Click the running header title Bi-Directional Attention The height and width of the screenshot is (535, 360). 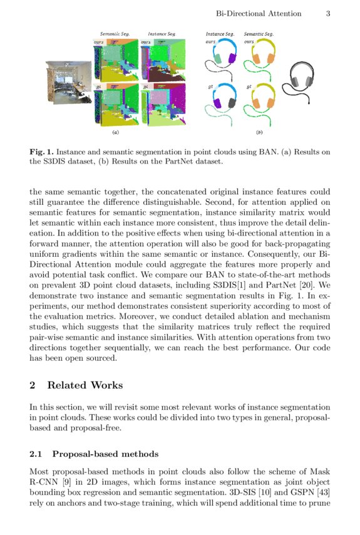click(x=258, y=13)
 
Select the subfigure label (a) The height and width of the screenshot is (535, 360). click(x=115, y=133)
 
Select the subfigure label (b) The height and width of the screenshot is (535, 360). click(x=259, y=133)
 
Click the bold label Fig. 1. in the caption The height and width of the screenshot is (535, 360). click(x=41, y=152)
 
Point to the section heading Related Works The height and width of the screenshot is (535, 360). click(x=85, y=385)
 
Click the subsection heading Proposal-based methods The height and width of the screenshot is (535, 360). click(x=105, y=454)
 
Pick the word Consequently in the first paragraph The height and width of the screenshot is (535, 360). click(x=254, y=273)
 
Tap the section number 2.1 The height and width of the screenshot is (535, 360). click(x=37, y=454)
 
